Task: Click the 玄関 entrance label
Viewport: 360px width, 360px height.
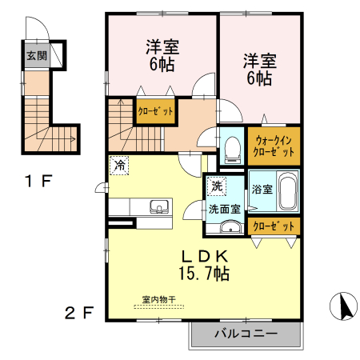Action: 35,56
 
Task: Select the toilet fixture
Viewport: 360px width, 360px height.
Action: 232,148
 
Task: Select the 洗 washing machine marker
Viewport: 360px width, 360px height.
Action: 217,186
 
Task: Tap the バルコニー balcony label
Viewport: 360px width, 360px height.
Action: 246,333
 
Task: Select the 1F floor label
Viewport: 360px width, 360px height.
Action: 37,181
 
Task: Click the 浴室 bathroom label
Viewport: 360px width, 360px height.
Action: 262,190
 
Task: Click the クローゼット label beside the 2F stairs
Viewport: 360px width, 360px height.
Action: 156,111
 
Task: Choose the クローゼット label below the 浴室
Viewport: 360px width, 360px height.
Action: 274,227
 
